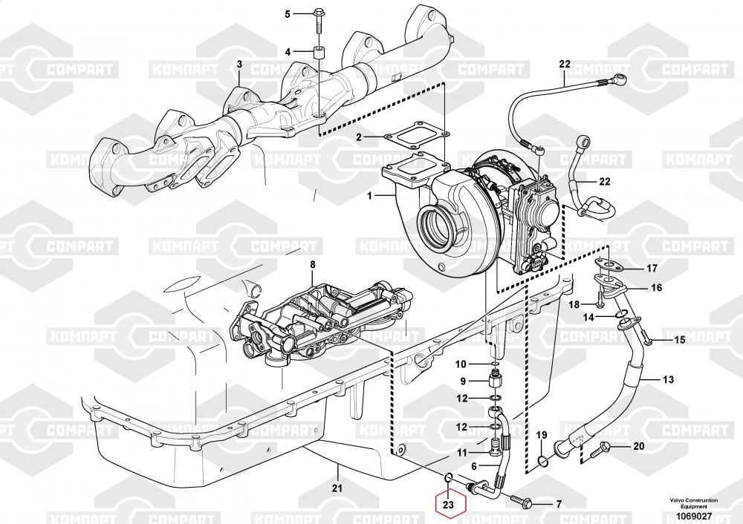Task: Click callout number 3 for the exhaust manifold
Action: pyautogui.click(x=239, y=65)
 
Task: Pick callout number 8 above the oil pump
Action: pyautogui.click(x=312, y=264)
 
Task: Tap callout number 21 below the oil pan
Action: pyautogui.click(x=337, y=488)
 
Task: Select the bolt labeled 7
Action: pyautogui.click(x=522, y=503)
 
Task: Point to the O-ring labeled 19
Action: pyautogui.click(x=543, y=461)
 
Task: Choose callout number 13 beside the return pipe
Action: pyautogui.click(x=668, y=379)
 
